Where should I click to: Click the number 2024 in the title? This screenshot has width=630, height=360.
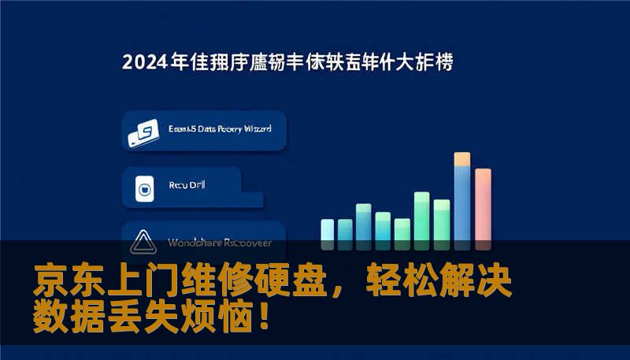click(x=144, y=62)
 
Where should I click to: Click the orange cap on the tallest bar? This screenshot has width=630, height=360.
click(x=462, y=159)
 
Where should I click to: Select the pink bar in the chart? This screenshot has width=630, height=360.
click(x=483, y=208)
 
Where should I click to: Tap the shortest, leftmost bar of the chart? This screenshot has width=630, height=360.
click(x=327, y=229)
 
